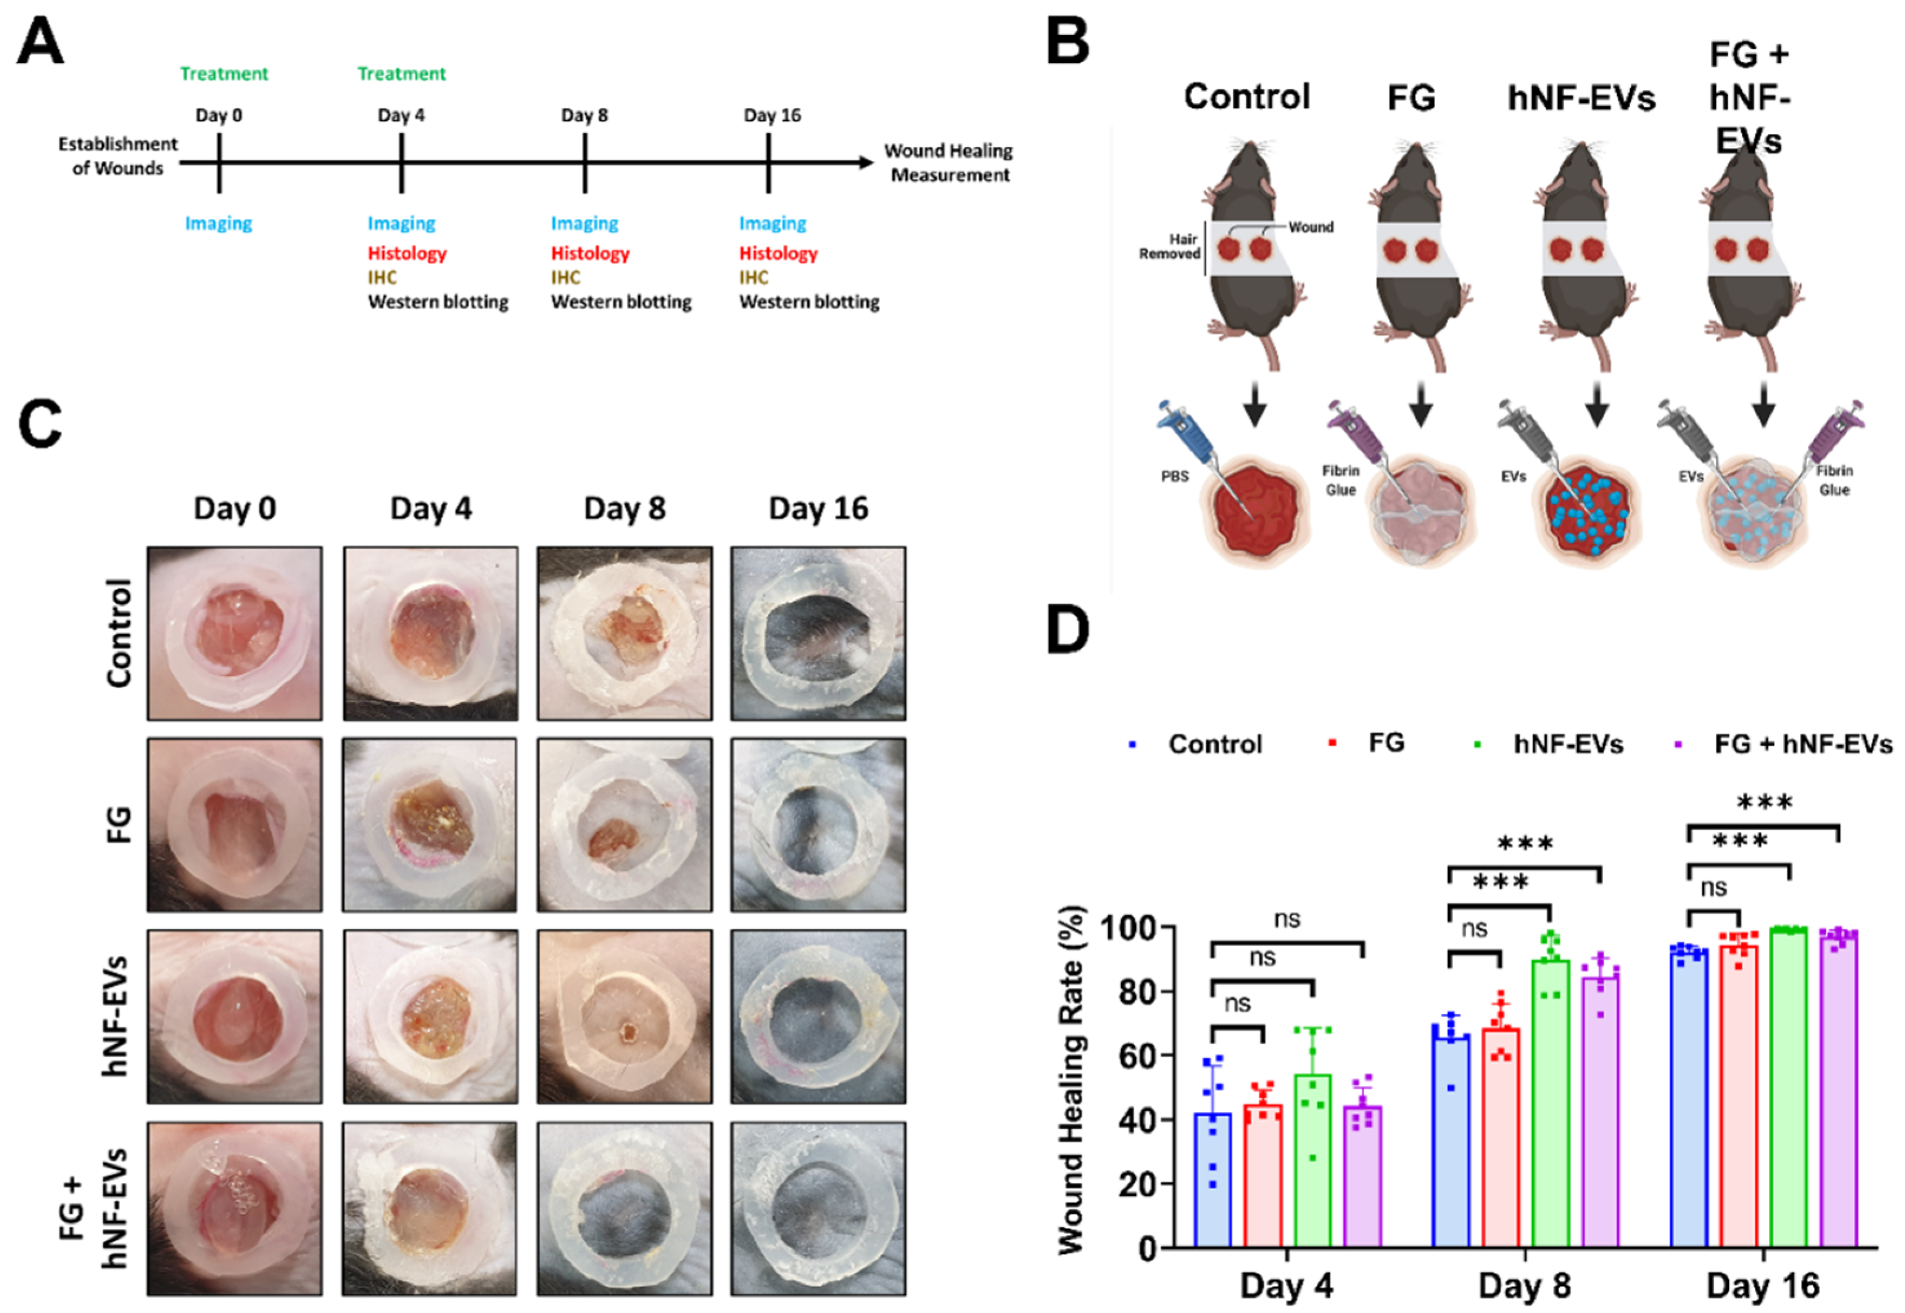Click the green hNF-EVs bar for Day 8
(x=1550, y=1102)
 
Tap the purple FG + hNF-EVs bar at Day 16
(x=1838, y=1094)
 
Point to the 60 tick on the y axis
(x=1136, y=1056)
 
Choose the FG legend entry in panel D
(x=1386, y=743)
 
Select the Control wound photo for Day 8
(x=625, y=633)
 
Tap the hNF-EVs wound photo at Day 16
(x=818, y=1016)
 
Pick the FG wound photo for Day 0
(x=234, y=824)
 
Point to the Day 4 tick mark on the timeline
(x=401, y=163)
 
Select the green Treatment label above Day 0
(x=224, y=73)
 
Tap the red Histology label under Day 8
(x=590, y=253)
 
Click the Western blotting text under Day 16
(x=809, y=302)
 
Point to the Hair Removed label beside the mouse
(x=1169, y=246)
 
